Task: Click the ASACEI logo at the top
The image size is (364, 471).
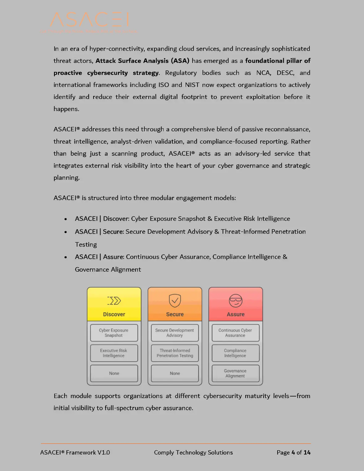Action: pyautogui.click(x=89, y=20)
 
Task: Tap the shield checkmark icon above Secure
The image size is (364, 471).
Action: pyautogui.click(x=175, y=300)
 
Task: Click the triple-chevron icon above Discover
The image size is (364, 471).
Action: pyautogui.click(x=114, y=301)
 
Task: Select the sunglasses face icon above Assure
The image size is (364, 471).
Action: pyautogui.click(x=236, y=300)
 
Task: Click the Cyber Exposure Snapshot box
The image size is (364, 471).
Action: pyautogui.click(x=114, y=333)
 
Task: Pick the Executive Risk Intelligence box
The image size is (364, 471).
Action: pyautogui.click(x=114, y=353)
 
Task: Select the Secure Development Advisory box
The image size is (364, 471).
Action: pyautogui.click(x=175, y=333)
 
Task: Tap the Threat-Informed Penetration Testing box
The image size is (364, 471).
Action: pyautogui.click(x=175, y=353)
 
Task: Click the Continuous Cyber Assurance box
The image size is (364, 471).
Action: pyautogui.click(x=235, y=333)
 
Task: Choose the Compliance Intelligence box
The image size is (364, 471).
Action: pyautogui.click(x=235, y=353)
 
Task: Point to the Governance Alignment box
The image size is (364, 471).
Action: pyautogui.click(x=235, y=373)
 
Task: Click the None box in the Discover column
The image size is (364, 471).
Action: pyautogui.click(x=114, y=373)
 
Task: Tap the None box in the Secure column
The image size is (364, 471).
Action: pyautogui.click(x=175, y=373)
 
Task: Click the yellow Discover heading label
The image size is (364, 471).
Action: pyautogui.click(x=114, y=314)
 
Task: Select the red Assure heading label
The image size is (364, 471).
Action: pyautogui.click(x=236, y=314)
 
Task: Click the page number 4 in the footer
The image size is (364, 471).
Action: pyautogui.click(x=293, y=452)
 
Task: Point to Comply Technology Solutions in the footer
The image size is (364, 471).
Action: pyautogui.click(x=193, y=452)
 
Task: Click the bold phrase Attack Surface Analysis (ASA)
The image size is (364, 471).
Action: pyautogui.click(x=142, y=61)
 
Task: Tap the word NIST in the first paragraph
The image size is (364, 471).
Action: pyautogui.click(x=192, y=85)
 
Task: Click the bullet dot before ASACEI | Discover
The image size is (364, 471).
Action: pyautogui.click(x=66, y=219)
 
